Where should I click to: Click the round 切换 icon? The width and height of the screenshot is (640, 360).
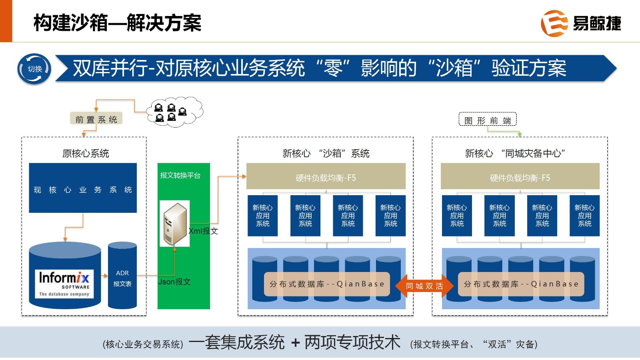click(34, 69)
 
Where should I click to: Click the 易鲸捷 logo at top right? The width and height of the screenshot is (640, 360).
click(581, 23)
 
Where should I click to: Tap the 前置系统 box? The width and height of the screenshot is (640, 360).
click(96, 119)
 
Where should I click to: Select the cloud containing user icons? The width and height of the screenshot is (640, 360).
click(174, 112)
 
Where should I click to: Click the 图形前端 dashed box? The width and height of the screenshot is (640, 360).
click(488, 120)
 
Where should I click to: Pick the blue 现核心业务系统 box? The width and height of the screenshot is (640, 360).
click(83, 188)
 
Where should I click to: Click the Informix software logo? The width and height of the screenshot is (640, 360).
click(64, 284)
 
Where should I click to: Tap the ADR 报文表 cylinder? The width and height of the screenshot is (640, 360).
click(122, 276)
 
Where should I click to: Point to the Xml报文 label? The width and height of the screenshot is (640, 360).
click(203, 231)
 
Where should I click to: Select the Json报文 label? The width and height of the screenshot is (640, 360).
click(174, 282)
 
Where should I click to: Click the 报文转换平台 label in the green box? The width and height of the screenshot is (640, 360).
click(180, 175)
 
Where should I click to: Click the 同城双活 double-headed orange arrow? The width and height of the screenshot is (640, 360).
click(424, 286)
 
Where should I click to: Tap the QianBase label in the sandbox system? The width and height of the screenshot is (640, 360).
click(327, 284)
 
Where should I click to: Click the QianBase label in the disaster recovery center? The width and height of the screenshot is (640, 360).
click(521, 284)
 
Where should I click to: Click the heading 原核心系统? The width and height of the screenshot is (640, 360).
click(86, 153)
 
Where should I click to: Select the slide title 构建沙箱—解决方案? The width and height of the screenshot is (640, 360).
click(117, 22)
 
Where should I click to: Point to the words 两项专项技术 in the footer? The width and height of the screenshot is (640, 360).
click(352, 342)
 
